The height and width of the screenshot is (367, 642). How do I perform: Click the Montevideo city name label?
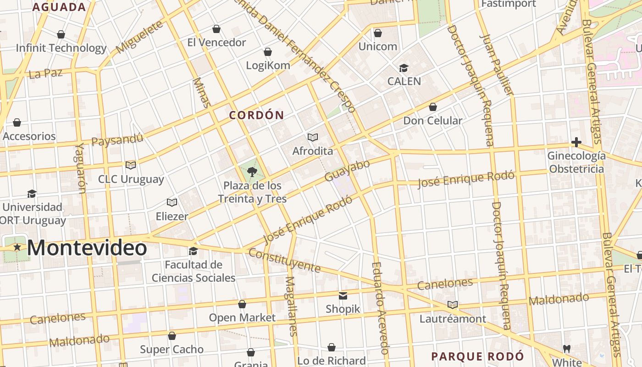pyautogui.click(x=87, y=248)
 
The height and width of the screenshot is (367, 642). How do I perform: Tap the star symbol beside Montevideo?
pyautogui.click(x=17, y=247)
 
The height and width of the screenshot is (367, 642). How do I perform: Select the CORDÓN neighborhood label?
pyautogui.click(x=256, y=115)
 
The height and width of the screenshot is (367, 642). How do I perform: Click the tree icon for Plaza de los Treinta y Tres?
pyautogui.click(x=252, y=172)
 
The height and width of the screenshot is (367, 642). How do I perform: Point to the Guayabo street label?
pyautogui.click(x=347, y=171)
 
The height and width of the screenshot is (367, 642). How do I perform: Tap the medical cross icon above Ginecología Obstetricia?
pyautogui.click(x=576, y=142)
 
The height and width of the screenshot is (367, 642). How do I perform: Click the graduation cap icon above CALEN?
pyautogui.click(x=404, y=68)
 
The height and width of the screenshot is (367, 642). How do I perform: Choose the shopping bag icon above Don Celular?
pyautogui.click(x=432, y=107)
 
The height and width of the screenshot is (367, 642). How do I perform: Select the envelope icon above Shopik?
pyautogui.click(x=343, y=295)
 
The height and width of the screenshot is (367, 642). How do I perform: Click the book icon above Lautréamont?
pyautogui.click(x=453, y=305)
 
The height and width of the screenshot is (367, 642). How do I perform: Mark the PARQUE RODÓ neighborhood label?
pyautogui.click(x=477, y=356)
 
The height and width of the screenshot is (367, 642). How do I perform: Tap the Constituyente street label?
pyautogui.click(x=284, y=260)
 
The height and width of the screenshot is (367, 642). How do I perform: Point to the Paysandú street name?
pyautogui.click(x=117, y=139)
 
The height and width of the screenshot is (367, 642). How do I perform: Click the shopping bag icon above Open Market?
pyautogui.click(x=242, y=304)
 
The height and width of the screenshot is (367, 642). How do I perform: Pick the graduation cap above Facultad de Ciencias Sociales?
pyautogui.click(x=194, y=251)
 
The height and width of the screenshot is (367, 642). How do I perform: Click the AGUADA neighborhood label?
pyautogui.click(x=59, y=7)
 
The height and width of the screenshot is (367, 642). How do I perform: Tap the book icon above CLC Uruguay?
pyautogui.click(x=131, y=165)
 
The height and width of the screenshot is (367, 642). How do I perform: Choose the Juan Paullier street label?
pyautogui.click(x=498, y=64)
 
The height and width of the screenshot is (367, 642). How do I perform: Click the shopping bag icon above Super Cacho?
pyautogui.click(x=172, y=336)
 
